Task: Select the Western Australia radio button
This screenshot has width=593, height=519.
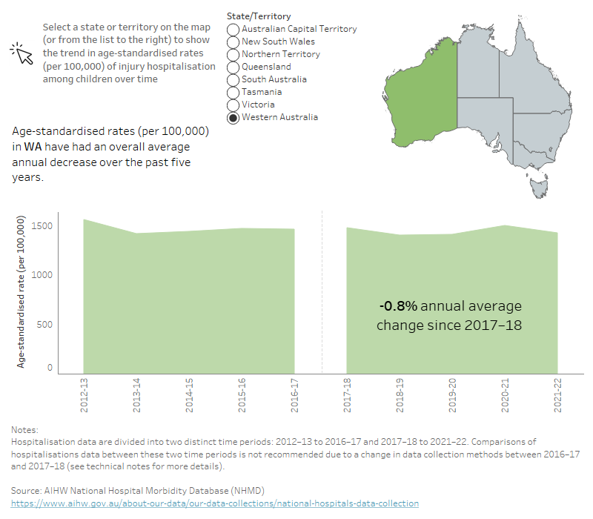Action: click(233, 117)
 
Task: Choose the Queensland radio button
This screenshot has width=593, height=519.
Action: click(233, 67)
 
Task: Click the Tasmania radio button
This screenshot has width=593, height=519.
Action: click(233, 92)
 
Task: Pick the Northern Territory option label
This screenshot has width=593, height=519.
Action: click(280, 54)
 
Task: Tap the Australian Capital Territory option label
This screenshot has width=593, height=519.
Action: click(299, 29)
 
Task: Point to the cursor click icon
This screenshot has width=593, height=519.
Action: click(21, 53)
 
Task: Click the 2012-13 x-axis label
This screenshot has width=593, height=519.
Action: click(85, 397)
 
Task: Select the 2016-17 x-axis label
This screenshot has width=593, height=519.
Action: click(294, 397)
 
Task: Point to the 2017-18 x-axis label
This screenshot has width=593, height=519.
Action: click(347, 397)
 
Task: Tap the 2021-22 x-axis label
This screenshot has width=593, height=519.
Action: click(557, 397)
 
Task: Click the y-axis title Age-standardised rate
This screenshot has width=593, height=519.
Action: click(21, 291)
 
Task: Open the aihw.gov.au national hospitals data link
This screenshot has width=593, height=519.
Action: click(215, 503)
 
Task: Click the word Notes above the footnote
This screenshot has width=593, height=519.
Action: click(26, 429)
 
